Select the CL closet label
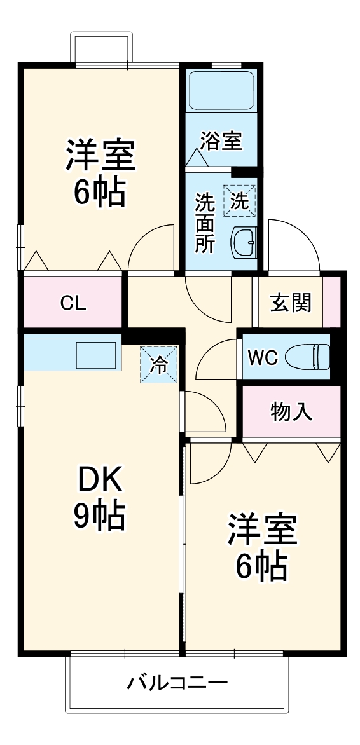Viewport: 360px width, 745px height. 73,303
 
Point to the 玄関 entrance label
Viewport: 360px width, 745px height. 291,302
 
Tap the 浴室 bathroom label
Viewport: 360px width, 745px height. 221,140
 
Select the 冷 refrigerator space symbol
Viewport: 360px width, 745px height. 159,364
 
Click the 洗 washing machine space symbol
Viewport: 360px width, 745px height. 240,200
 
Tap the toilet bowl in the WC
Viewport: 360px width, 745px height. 308,357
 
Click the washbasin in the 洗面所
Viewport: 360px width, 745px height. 244,242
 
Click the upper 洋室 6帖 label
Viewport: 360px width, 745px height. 100,172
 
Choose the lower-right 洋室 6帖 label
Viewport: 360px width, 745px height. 262,547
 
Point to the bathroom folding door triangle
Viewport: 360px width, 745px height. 197,157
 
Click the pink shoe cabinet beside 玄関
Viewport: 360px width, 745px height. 332,302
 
